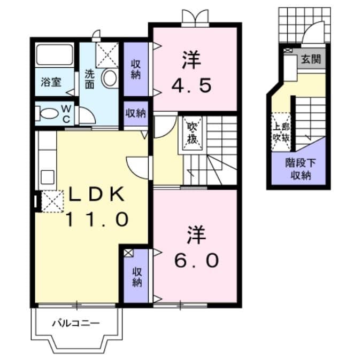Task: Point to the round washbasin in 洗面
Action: [x=110, y=78]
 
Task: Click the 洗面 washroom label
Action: [x=89, y=79]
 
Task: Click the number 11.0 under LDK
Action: [x=97, y=218]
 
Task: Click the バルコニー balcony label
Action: [x=75, y=323]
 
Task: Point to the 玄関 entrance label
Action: [x=311, y=59]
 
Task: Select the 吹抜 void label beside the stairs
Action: [x=192, y=134]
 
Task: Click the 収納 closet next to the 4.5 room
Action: [x=136, y=69]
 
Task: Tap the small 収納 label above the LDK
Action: [x=136, y=113]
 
